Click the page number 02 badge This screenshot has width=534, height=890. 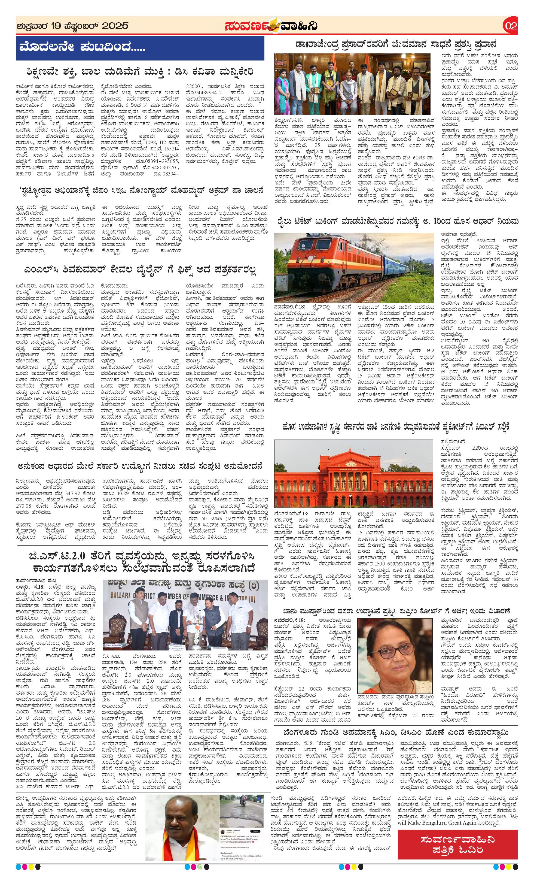coord(511,26)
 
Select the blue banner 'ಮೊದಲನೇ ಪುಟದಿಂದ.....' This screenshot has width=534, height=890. coord(140,48)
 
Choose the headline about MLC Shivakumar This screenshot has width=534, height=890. coord(140,270)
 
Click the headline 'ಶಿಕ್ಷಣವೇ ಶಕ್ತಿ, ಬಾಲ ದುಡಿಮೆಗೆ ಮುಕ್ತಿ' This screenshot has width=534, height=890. coord(140,72)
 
